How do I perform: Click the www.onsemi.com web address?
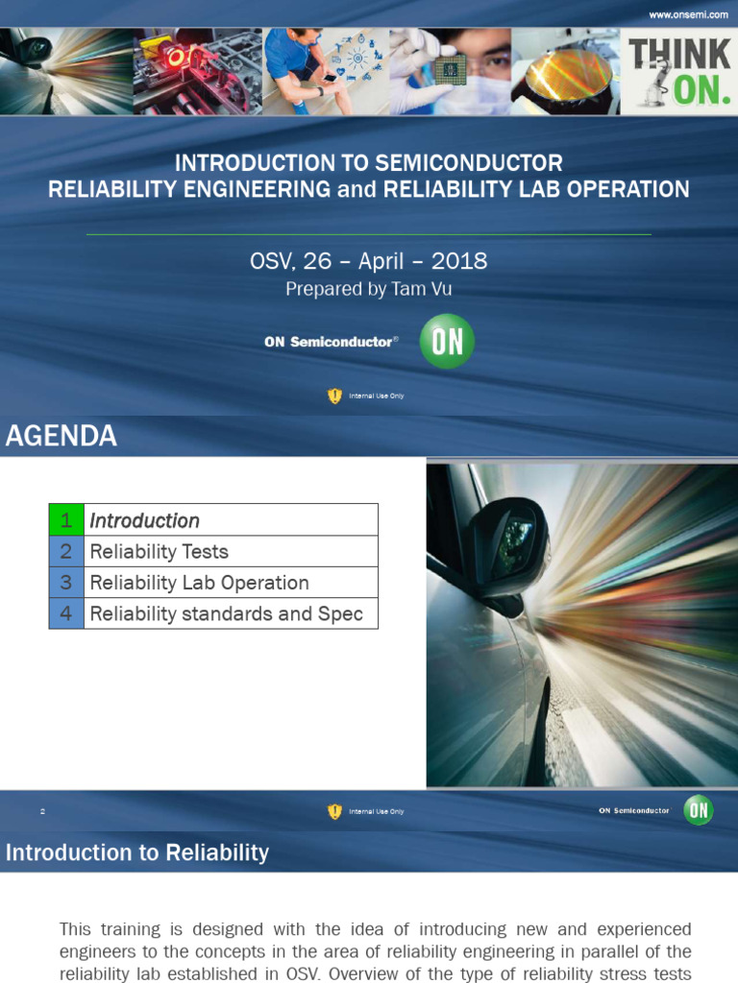689,14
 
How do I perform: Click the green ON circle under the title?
447,341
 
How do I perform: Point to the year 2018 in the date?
458,261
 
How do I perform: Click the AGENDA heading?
61,436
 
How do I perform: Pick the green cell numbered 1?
66,520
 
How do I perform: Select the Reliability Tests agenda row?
159,551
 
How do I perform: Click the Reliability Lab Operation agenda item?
199,583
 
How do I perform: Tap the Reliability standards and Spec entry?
226,613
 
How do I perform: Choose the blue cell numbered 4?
66,613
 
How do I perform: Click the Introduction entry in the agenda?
144,520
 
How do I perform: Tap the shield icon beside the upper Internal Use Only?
334,396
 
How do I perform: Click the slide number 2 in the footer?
42,811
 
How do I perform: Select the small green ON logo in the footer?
699,810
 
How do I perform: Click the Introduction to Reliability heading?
137,852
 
